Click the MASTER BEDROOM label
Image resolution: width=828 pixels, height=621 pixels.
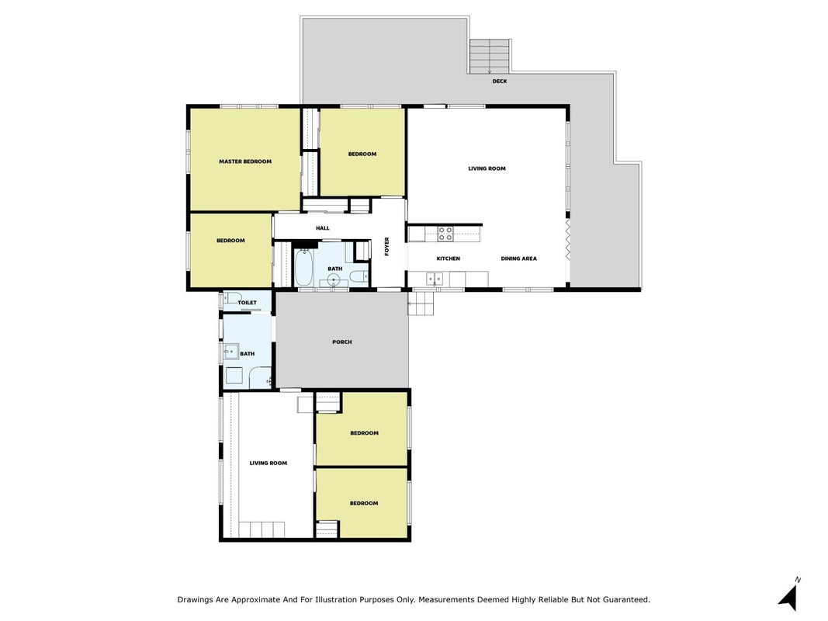245,161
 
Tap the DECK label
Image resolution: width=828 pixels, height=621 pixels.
500,82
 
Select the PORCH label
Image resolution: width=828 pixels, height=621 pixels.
342,342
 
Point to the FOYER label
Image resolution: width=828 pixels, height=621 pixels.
387,247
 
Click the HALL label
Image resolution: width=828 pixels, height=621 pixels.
323,229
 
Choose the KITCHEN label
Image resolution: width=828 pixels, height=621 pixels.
449,258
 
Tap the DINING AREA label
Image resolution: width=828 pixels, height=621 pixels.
518,258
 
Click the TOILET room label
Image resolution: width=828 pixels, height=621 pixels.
247,303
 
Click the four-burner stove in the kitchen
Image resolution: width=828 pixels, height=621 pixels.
445,234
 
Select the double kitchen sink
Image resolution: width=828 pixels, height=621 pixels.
435,279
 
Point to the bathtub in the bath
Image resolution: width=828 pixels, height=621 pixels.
303,267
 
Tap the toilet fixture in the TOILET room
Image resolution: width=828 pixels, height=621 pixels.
234,298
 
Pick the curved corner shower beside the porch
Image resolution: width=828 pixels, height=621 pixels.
260,377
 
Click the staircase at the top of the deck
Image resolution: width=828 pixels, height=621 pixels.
490,57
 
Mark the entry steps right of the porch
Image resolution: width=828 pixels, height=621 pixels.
421,303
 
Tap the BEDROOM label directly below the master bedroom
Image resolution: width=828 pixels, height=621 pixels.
230,241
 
